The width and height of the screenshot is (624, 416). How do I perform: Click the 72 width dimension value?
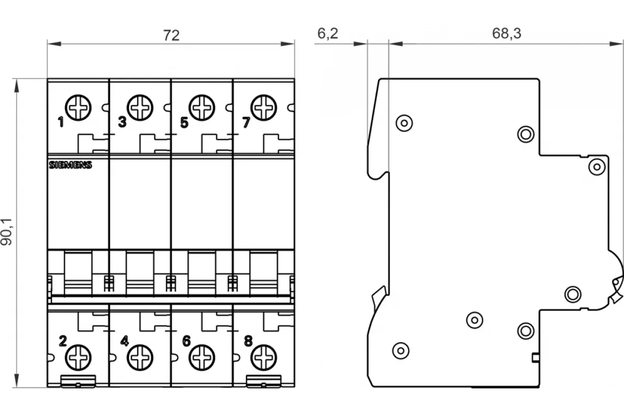[171, 35]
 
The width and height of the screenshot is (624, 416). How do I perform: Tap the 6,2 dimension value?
[328, 33]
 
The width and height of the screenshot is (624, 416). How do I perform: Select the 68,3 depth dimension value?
[506, 33]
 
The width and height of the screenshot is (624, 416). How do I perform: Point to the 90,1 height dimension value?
[7, 232]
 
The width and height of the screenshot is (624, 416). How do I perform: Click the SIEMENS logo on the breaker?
[71, 165]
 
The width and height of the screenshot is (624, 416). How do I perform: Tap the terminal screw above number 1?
[78, 108]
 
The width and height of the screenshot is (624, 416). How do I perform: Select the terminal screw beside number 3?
[140, 108]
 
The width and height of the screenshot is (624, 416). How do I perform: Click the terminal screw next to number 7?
[264, 108]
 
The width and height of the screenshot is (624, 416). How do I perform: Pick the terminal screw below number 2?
[78, 357]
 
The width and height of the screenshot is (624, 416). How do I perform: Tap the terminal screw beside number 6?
[202, 357]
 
